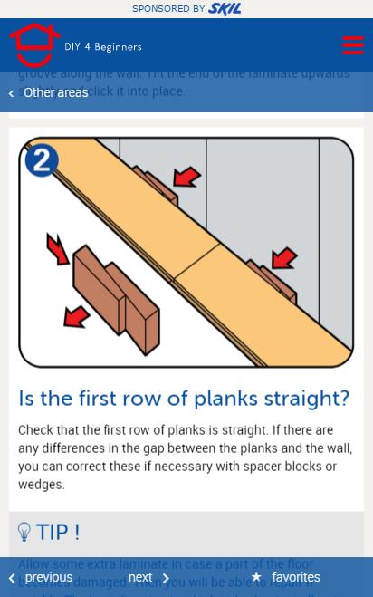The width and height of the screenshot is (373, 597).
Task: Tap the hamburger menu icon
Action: click(x=352, y=45)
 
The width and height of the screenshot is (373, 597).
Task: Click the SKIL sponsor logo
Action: click(x=224, y=9)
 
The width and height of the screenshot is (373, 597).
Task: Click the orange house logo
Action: click(x=35, y=45)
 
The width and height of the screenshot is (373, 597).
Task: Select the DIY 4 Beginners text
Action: click(x=103, y=47)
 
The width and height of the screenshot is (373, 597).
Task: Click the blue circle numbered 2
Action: click(x=42, y=160)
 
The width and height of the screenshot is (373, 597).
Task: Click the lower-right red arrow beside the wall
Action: click(x=283, y=259)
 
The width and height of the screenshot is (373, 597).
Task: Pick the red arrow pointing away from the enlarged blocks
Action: click(x=76, y=316)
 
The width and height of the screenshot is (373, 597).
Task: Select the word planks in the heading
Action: click(x=230, y=399)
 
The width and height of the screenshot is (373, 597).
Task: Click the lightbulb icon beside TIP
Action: click(x=24, y=532)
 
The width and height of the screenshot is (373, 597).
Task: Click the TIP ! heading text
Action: click(x=58, y=532)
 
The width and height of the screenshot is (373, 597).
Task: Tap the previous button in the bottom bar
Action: click(x=48, y=577)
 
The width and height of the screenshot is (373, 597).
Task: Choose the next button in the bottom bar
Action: click(x=141, y=577)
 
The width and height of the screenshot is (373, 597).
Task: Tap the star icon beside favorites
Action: click(x=256, y=577)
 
